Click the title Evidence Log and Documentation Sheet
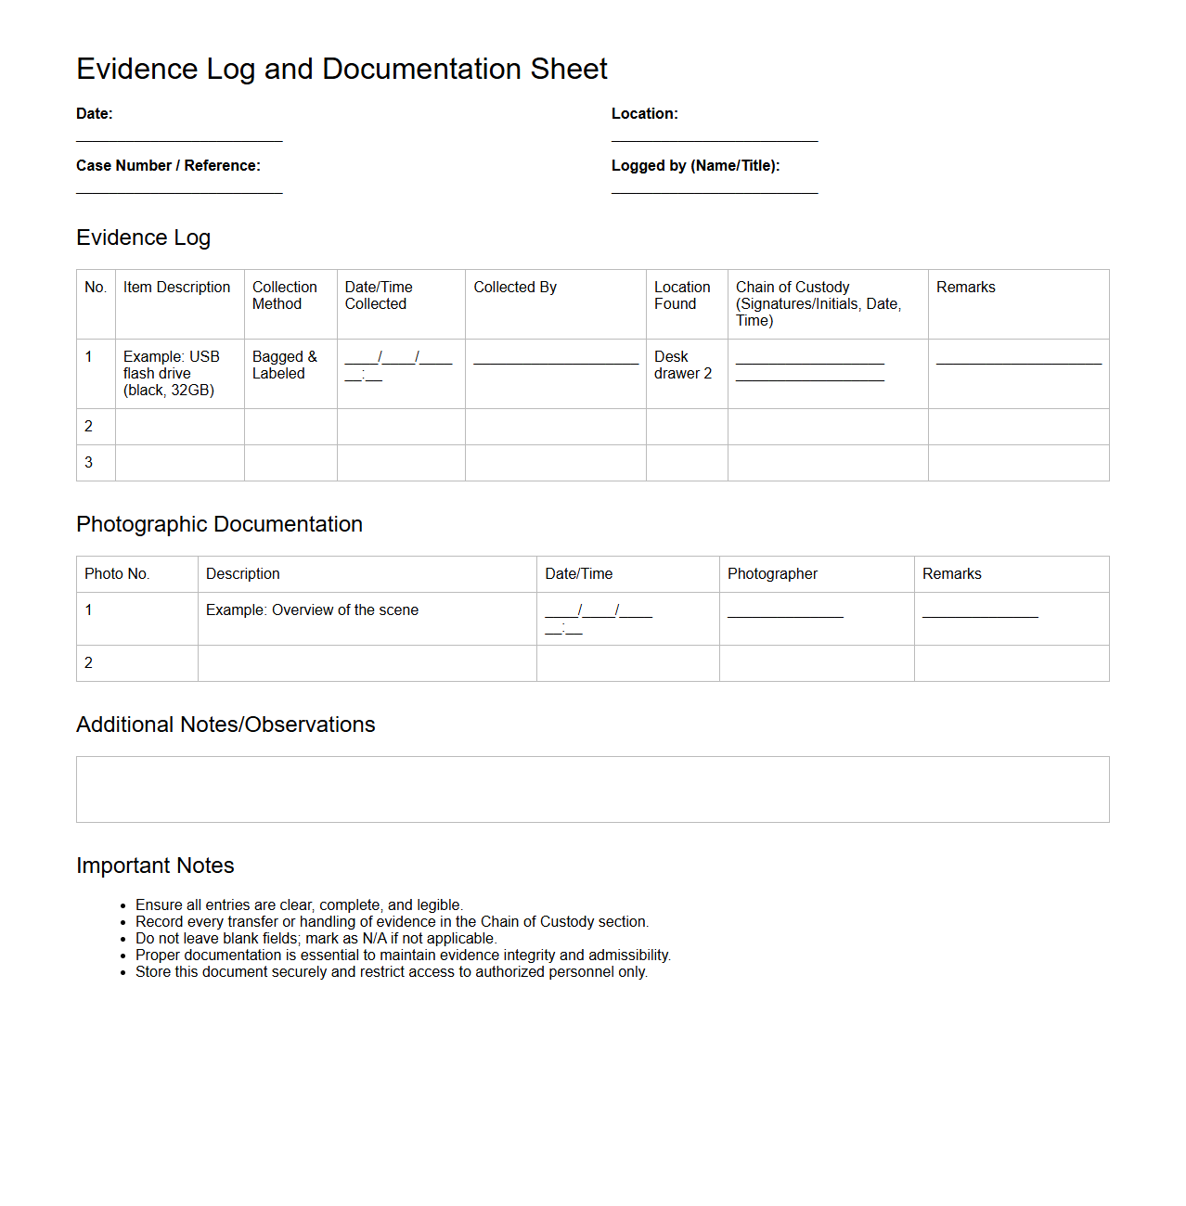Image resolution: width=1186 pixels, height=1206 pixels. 342,69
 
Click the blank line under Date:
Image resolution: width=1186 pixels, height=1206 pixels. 179,140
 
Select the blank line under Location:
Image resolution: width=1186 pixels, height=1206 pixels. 715,140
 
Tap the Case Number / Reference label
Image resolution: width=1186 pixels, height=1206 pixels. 168,165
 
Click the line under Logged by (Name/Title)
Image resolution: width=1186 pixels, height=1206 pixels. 715,192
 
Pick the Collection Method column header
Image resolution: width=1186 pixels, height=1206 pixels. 285,295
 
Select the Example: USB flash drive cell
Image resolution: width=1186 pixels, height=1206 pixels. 172,373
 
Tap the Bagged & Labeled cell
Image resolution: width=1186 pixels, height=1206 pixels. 285,365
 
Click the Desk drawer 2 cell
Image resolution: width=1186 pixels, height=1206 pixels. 683,365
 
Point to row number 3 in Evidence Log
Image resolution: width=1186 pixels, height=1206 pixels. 89,462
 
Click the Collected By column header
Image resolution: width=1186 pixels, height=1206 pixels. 515,288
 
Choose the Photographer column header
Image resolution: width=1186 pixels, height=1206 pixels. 772,573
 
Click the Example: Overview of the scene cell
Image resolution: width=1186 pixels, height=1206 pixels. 312,609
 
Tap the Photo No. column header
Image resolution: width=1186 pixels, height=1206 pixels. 117,573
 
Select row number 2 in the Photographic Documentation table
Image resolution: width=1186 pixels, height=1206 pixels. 89,662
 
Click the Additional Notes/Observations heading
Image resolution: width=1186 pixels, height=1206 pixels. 226,725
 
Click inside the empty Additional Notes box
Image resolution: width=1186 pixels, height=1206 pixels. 592,789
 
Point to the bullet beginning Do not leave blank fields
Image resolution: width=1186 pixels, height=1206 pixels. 316,938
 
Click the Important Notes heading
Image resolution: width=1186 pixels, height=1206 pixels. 155,866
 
